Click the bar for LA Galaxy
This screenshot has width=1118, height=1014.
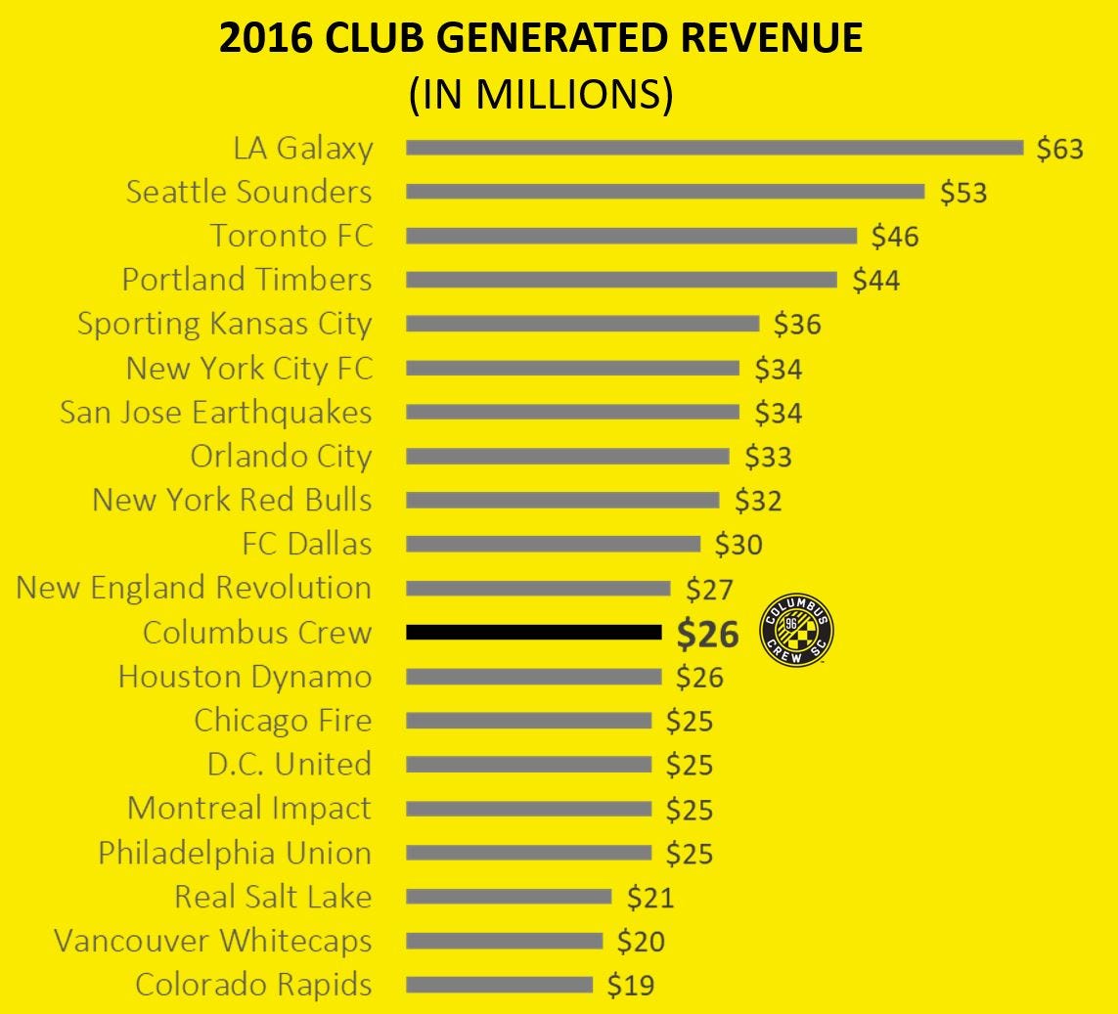714,148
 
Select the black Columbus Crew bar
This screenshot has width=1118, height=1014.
534,633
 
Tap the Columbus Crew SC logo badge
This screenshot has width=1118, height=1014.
796,632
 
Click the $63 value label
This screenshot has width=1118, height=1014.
1060,149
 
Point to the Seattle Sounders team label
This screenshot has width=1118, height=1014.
249,192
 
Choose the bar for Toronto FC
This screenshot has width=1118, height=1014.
631,236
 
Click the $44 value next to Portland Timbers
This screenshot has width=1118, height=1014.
876,281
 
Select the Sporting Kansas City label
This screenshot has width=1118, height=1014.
225,324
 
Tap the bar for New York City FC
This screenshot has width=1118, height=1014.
572,369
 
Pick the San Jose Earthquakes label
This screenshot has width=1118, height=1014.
216,413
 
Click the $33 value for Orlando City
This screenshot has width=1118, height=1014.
769,457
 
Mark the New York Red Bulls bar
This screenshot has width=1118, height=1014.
562,501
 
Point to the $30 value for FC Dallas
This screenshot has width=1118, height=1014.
738,545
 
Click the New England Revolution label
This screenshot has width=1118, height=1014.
195,589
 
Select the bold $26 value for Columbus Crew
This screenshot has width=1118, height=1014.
708,635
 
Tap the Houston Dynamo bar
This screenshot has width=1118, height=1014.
534,677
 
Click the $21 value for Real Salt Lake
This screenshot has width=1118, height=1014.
650,898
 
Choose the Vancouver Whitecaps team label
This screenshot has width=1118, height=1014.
213,942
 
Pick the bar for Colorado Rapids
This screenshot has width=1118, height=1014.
499,985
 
